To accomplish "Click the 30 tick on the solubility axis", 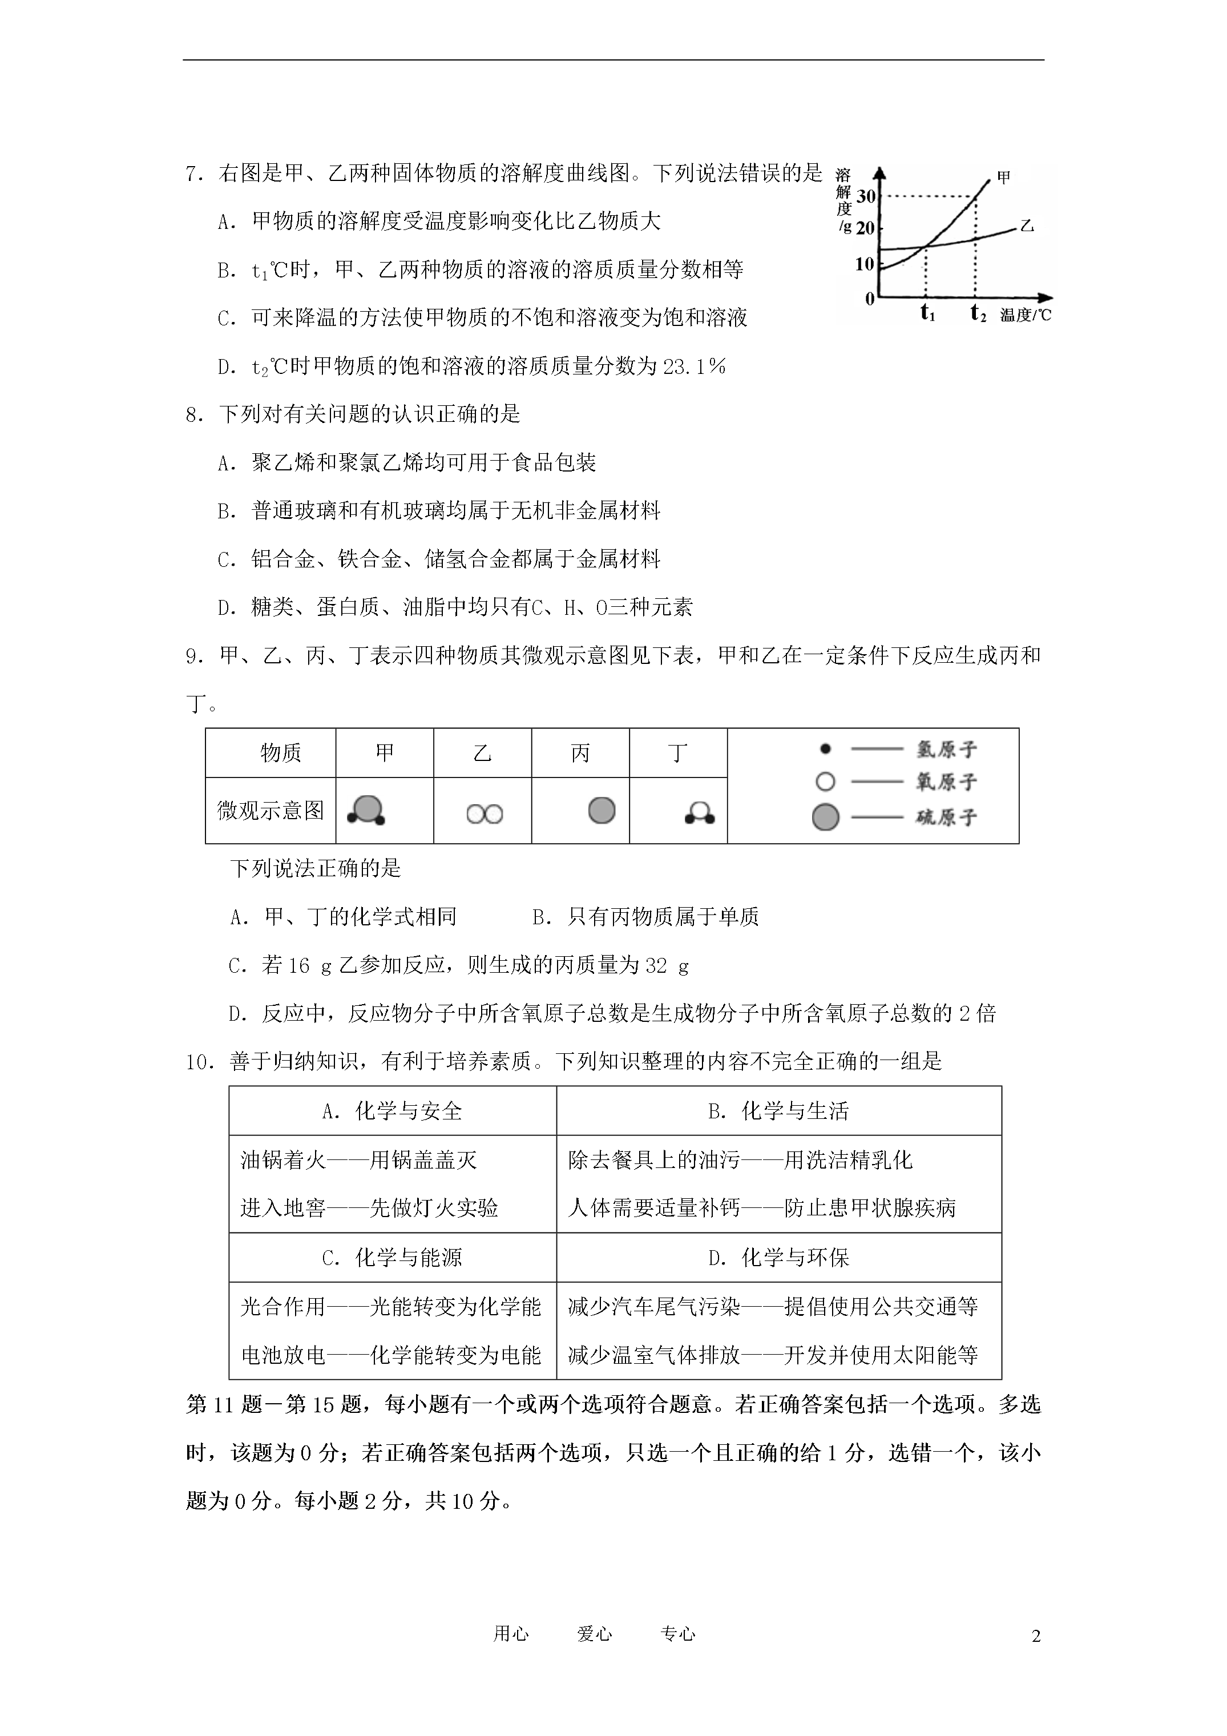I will pos(866,196).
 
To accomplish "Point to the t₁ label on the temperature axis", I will pos(927,312).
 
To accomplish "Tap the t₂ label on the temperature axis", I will pos(978,312).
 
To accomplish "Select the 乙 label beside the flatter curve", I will pos(1026,226).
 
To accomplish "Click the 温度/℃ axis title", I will pos(1025,315).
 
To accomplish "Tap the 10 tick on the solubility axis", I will pos(864,264).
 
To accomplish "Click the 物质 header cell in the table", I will pos(280,752).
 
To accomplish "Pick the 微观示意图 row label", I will pos(271,811).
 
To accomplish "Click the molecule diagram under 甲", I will pos(366,811).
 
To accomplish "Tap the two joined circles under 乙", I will pos(484,814).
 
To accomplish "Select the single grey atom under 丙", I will pos(602,811).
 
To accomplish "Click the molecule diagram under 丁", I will pos(699,813).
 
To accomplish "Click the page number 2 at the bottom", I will pos(1036,1636).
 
